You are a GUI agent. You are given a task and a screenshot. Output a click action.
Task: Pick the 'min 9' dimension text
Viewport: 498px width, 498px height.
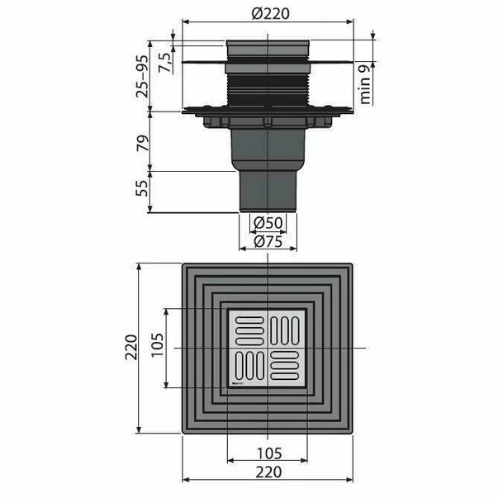tap(366, 83)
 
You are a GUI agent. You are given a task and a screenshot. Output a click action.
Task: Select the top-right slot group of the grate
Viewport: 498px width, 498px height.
tap(287, 330)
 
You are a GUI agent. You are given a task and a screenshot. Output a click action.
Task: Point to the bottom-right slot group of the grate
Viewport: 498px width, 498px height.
tap(287, 367)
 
